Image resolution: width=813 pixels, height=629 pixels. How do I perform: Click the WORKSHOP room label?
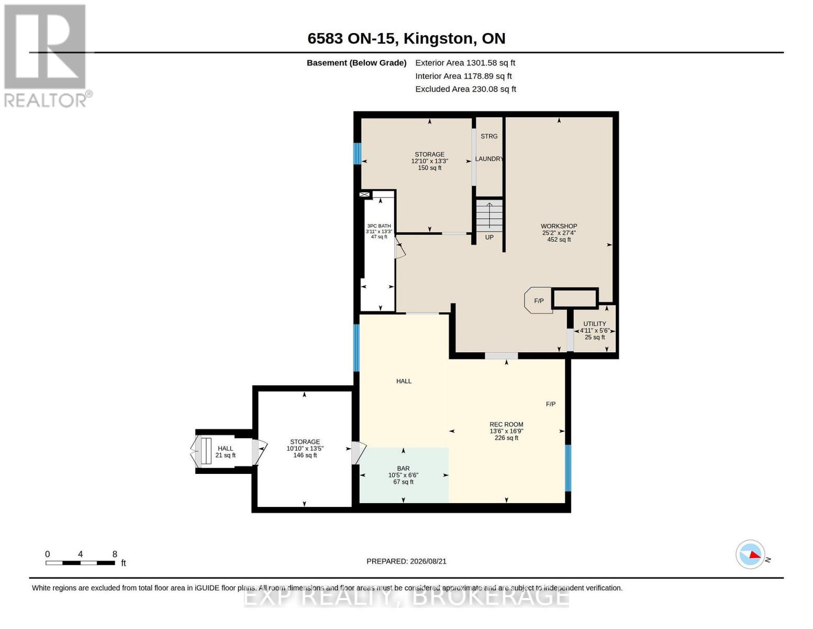(x=559, y=226)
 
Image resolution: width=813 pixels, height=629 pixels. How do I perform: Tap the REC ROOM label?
(x=506, y=424)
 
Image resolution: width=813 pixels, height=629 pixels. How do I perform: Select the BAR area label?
(x=403, y=468)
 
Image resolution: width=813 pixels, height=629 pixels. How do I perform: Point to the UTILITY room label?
(x=595, y=324)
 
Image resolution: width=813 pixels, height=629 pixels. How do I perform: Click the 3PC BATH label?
(x=378, y=226)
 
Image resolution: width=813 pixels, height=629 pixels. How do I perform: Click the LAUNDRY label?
(x=489, y=159)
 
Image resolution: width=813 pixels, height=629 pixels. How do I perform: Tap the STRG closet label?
(x=489, y=136)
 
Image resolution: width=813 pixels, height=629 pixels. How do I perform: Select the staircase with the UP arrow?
(x=489, y=215)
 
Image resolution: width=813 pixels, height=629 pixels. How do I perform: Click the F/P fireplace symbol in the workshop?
(x=538, y=300)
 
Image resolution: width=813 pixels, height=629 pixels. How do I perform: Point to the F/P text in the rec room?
(x=550, y=404)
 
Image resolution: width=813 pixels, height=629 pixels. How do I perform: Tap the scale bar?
(x=80, y=562)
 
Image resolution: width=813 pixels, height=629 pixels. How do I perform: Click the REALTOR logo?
(x=47, y=56)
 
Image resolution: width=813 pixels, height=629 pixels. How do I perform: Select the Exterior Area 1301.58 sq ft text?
(x=465, y=63)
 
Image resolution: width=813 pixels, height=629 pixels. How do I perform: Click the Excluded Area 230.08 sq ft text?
(x=465, y=89)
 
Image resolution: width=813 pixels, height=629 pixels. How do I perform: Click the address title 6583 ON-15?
(x=352, y=38)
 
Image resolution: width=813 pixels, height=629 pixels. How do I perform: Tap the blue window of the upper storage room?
(x=357, y=153)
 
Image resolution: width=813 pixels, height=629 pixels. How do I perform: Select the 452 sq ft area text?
(x=559, y=240)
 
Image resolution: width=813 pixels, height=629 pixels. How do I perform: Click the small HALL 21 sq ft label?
(x=225, y=452)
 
